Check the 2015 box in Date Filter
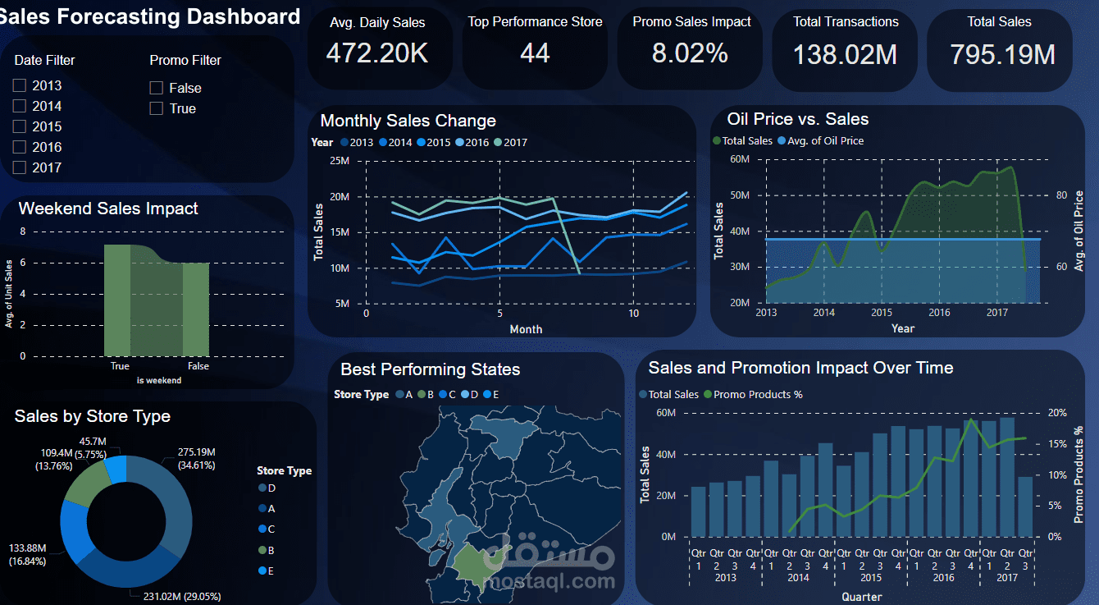pyautogui.click(x=20, y=126)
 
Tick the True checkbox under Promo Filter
pyautogui.click(x=157, y=108)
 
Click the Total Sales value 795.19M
pyautogui.click(x=1002, y=54)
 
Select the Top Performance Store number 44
pyautogui.click(x=535, y=53)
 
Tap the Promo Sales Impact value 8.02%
pyautogui.click(x=690, y=53)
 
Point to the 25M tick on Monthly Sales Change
pyautogui.click(x=339, y=160)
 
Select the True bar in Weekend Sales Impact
pyautogui.click(x=118, y=300)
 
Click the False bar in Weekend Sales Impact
pyautogui.click(x=196, y=309)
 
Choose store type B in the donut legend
pyautogui.click(x=271, y=550)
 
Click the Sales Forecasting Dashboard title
pyautogui.click(x=150, y=16)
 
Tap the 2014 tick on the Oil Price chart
pyautogui.click(x=823, y=313)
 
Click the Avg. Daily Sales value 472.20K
pyautogui.click(x=376, y=53)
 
